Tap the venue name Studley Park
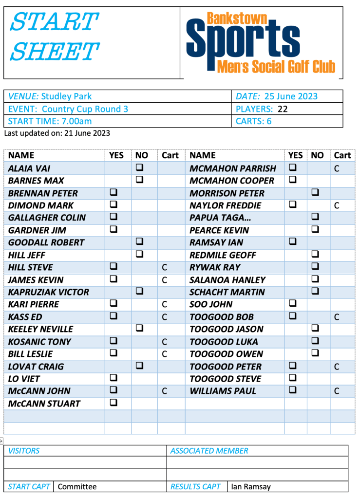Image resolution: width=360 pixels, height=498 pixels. click(66, 96)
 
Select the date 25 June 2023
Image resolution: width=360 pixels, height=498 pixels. click(290, 96)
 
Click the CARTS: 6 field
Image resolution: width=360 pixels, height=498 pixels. click(253, 121)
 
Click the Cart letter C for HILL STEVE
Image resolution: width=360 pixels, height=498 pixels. click(165, 267)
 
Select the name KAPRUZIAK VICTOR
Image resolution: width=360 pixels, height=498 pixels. click(49, 292)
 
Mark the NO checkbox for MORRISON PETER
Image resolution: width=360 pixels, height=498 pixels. click(315, 193)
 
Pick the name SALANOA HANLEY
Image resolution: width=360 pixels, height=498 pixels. click(227, 280)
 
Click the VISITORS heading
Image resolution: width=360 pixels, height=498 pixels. click(24, 451)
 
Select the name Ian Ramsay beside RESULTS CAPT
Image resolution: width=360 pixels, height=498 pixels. click(251, 486)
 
